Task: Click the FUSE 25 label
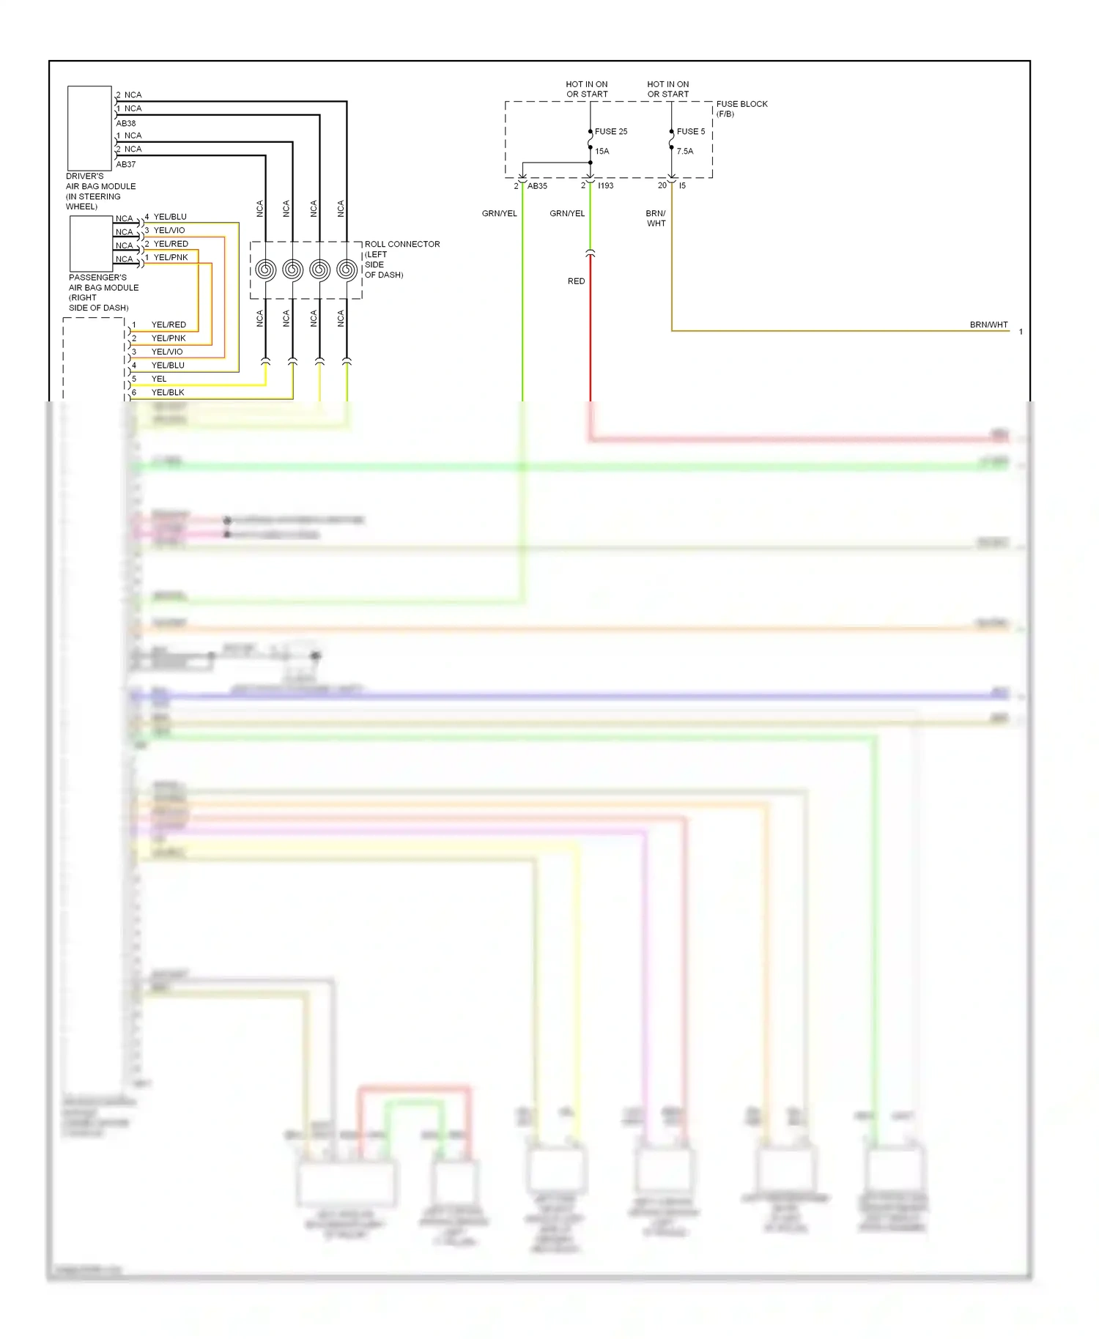coord(610,132)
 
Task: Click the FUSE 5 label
coord(690,132)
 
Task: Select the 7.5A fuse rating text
coord(684,152)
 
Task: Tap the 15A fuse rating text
coord(602,152)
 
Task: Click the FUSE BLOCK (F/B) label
coord(741,108)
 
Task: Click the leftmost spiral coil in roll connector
coord(265,270)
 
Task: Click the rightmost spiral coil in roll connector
coord(347,270)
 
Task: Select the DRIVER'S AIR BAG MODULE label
coord(100,191)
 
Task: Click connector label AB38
coord(126,123)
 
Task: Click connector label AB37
coord(126,164)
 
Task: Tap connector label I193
coord(605,186)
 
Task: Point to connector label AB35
coord(537,186)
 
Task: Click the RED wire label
coord(576,281)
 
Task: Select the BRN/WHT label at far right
coord(988,324)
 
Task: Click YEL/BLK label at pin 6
coord(168,393)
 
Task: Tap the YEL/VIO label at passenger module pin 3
coord(169,230)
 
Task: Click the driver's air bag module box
coord(89,128)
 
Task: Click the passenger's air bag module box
coord(91,245)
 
